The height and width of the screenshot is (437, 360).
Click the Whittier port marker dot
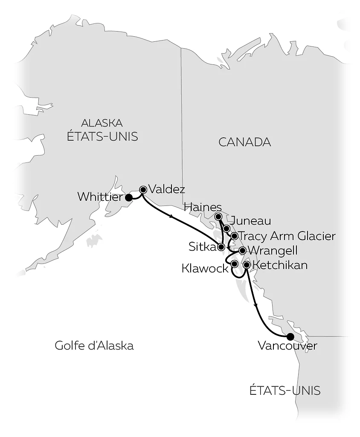[128, 197]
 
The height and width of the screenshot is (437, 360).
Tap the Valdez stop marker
[143, 190]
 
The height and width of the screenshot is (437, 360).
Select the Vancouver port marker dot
[290, 336]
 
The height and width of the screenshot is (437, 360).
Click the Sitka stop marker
[221, 247]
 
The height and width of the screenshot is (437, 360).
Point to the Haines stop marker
[218, 217]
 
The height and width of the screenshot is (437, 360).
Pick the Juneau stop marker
[226, 229]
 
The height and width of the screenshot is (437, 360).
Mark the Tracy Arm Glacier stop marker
[234, 236]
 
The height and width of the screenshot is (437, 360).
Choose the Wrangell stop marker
[242, 250]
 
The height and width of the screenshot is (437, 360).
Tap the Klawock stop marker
[234, 264]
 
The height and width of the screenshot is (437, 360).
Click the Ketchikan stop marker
[246, 265]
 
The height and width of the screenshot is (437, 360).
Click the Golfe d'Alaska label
[94, 345]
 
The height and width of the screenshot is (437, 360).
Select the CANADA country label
[244, 142]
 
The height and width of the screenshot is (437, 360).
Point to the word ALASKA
[102, 123]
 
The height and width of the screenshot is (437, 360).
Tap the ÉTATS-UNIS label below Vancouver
[285, 391]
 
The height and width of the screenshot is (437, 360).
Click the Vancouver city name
[287, 346]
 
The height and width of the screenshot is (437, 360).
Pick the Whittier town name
[100, 197]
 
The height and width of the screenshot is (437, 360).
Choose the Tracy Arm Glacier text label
[287, 236]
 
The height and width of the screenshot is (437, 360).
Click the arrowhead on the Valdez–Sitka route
[171, 217]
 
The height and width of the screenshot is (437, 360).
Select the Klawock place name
[205, 268]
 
